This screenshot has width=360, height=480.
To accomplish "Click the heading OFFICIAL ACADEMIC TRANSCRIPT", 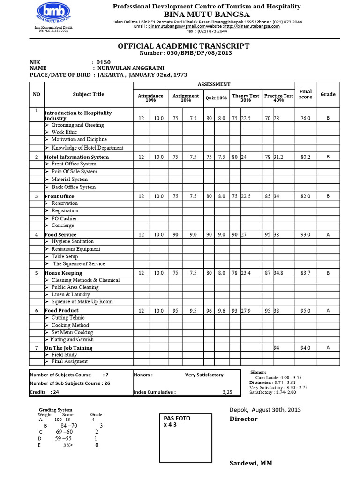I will pyautogui.click(x=183, y=46).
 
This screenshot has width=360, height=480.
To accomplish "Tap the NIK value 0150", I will pyautogui.click(x=103, y=62).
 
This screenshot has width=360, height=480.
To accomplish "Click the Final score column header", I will pyautogui.click(x=305, y=94).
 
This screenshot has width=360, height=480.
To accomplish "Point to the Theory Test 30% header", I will pyautogui.click(x=245, y=97).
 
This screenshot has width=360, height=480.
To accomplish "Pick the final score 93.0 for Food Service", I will pyautogui.click(x=305, y=234).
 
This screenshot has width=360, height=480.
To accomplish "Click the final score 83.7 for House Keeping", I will pyautogui.click(x=305, y=273).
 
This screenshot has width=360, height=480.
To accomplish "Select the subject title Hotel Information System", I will pyautogui.click(x=76, y=157).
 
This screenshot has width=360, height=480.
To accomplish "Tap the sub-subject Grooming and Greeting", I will pyautogui.click(x=77, y=125).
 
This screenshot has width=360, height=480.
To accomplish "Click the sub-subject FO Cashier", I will pyautogui.click(x=64, y=218).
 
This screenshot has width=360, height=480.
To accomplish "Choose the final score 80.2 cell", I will pyautogui.click(x=305, y=157).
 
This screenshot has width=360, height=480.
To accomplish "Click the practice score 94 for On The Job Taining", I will pyautogui.click(x=277, y=348).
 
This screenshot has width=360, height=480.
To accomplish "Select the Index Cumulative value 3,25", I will pyautogui.click(x=227, y=392).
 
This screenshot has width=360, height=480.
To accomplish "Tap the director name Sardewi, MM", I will pyautogui.click(x=250, y=463).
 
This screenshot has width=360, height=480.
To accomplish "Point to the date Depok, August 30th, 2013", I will pyautogui.click(x=265, y=409).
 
